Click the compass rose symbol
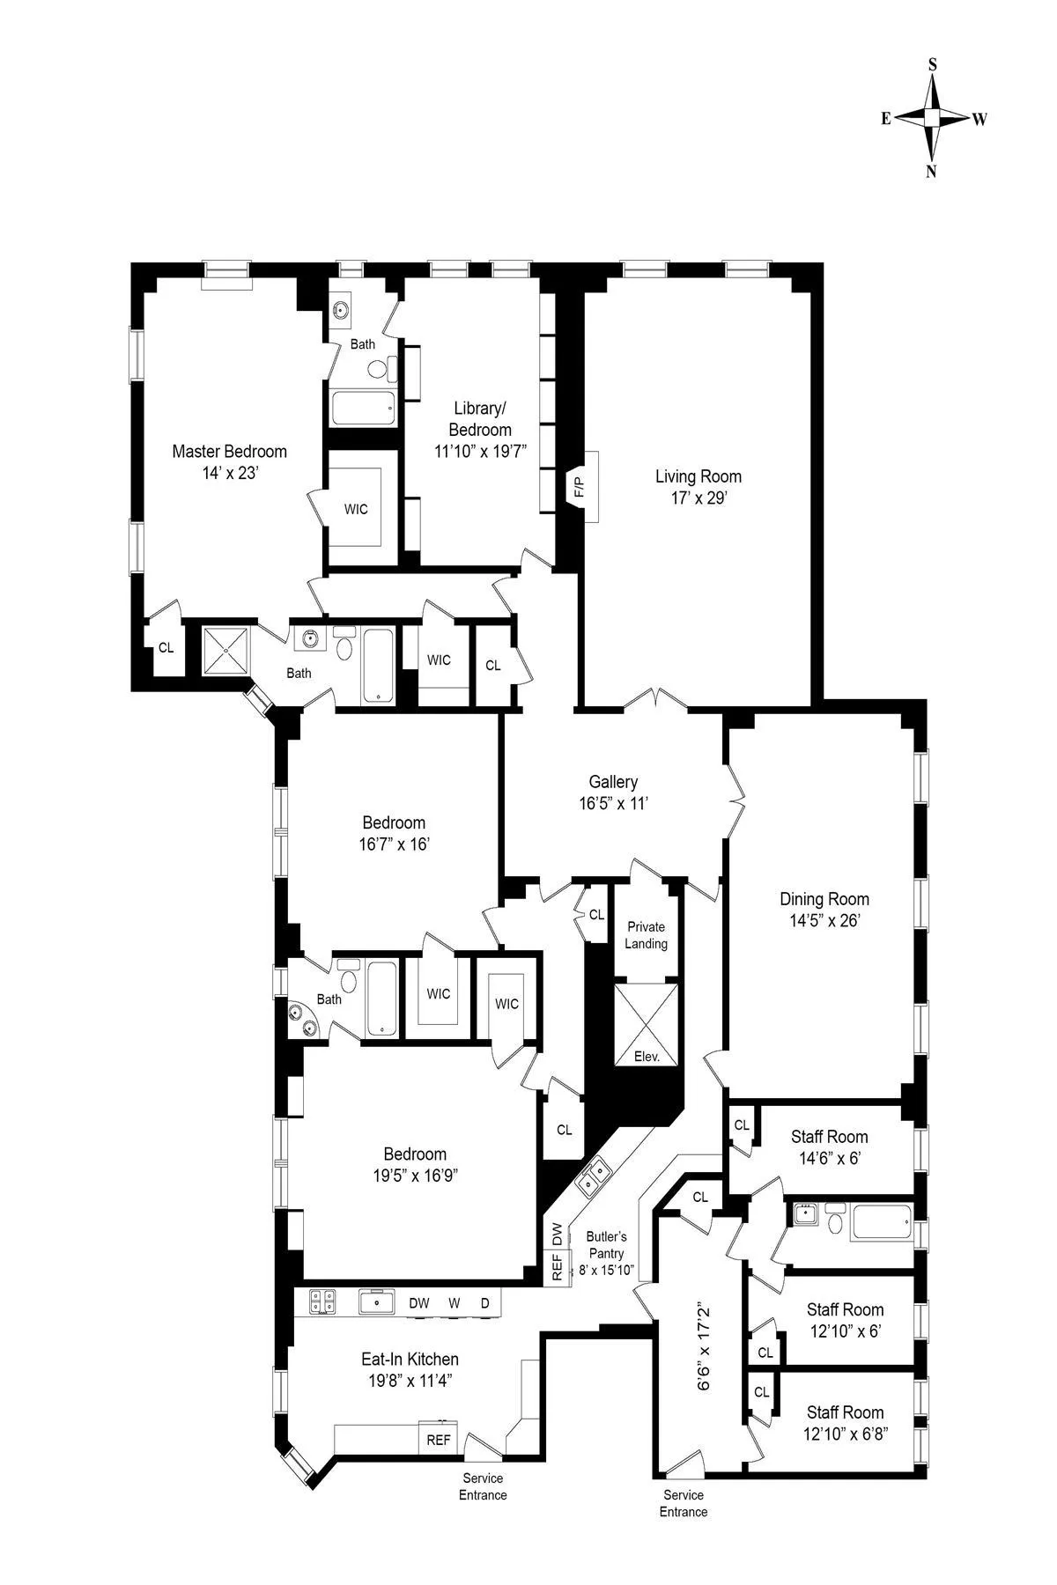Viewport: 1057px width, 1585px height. tap(932, 117)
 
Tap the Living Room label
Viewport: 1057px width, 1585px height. tap(698, 476)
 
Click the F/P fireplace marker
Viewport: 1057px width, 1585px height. tap(579, 486)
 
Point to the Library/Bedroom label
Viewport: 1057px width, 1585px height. tap(479, 418)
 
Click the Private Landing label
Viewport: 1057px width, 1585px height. tap(646, 935)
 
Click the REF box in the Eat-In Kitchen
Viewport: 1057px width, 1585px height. tap(439, 1440)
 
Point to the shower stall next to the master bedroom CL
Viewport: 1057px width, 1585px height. tap(227, 650)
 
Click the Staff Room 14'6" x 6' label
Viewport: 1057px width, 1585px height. tap(829, 1147)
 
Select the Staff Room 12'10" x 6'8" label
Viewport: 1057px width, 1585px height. tap(844, 1423)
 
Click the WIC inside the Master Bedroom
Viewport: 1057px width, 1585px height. tap(356, 510)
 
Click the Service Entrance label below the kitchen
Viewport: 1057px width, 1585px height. tap(482, 1486)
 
